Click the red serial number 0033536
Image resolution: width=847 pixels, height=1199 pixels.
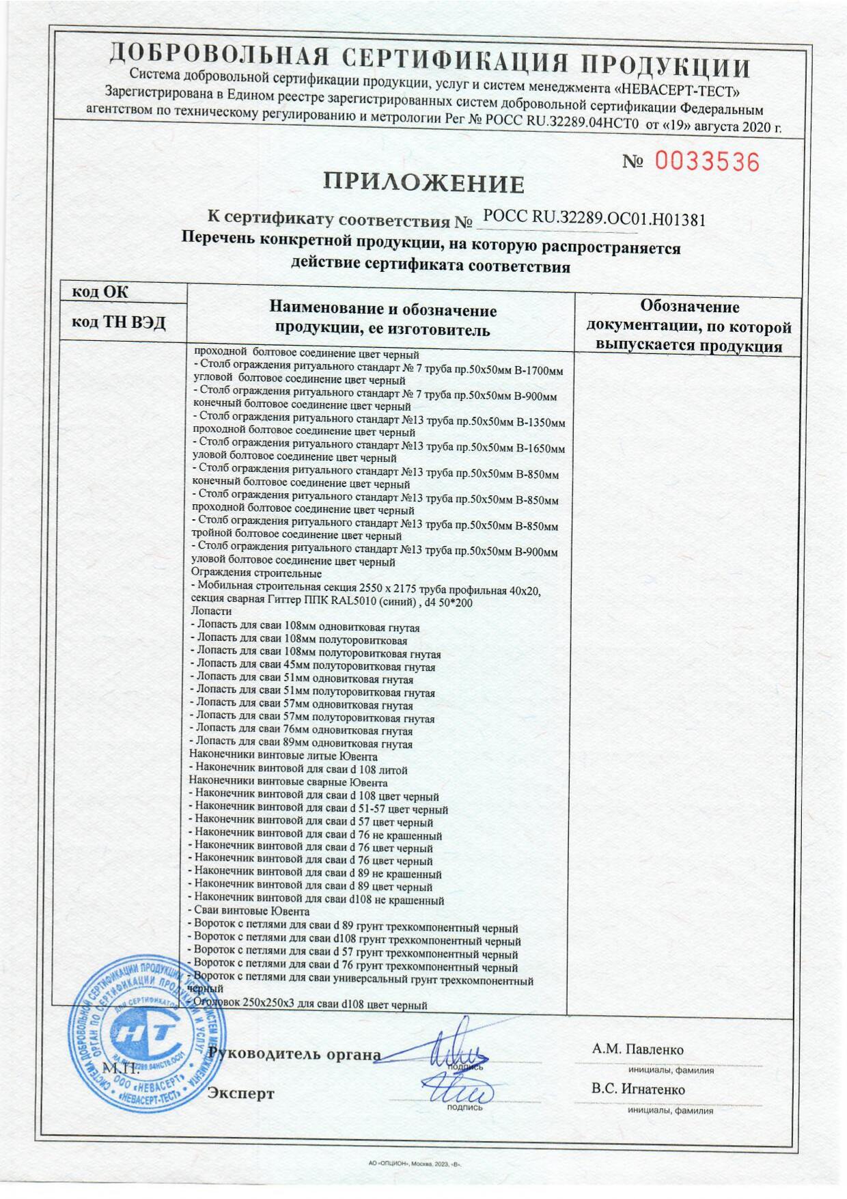[x=707, y=162]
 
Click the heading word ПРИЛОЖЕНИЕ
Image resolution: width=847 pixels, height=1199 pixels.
[x=423, y=183]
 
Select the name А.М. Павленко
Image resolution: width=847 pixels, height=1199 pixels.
[x=638, y=1049]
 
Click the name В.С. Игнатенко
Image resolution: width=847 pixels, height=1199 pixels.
[x=638, y=1089]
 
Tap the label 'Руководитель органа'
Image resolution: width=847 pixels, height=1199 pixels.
[x=295, y=1053]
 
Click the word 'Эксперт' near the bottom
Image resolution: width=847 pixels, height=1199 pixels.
[x=240, y=1093]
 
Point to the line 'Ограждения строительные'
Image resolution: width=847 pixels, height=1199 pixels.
[x=256, y=573]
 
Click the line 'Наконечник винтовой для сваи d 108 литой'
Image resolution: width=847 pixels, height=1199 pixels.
[x=298, y=769]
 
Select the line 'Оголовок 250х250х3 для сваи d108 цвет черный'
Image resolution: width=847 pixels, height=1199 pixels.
[x=307, y=1005]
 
